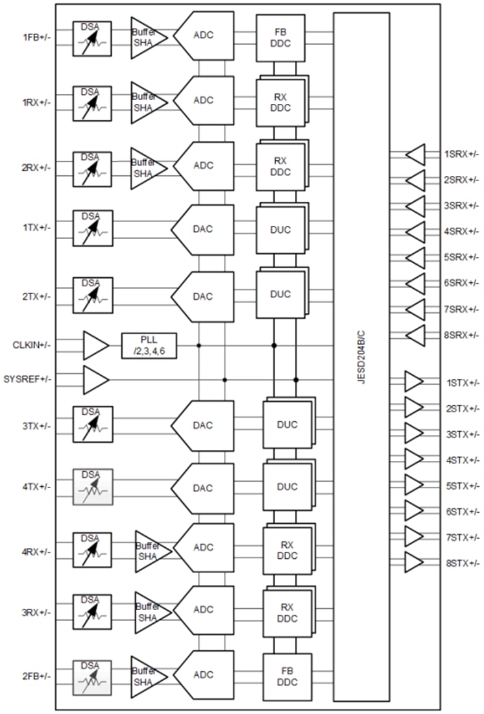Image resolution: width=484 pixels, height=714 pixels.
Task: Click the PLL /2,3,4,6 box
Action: coord(149,345)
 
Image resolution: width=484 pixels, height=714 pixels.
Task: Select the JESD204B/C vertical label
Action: coord(361,357)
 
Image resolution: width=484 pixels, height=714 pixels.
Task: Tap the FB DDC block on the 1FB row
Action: coord(280,37)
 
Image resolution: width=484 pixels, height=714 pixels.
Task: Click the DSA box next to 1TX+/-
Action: coord(93,228)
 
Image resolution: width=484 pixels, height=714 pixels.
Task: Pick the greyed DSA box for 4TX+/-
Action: coord(93,487)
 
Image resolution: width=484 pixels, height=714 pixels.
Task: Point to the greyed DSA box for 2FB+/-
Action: coord(93,678)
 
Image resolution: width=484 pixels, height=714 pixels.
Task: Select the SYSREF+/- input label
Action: coord(27,378)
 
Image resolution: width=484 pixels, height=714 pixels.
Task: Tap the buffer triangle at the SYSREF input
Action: coord(95,379)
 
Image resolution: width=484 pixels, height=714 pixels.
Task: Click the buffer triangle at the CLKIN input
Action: coord(95,345)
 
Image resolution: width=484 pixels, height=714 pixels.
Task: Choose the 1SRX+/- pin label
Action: coord(461,154)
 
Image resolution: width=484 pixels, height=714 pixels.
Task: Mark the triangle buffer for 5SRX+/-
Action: coord(415,258)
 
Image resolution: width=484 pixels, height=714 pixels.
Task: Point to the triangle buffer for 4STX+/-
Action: coord(413,459)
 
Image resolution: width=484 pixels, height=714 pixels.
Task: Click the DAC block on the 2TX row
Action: coord(203,297)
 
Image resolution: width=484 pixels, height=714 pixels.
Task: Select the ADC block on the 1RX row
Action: coord(204,101)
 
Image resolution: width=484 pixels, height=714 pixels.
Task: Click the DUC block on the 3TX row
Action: coord(286,425)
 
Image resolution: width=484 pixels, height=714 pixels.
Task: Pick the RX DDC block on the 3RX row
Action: coord(286,611)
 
